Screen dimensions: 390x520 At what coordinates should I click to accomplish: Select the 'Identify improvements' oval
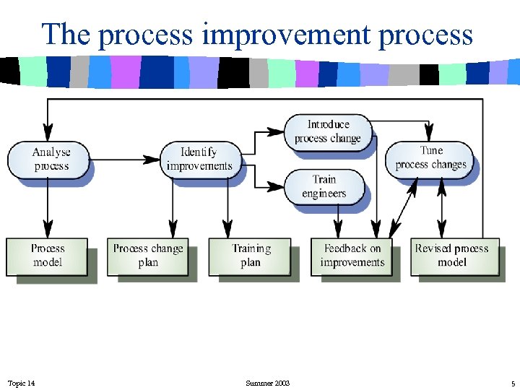pyautogui.click(x=199, y=159)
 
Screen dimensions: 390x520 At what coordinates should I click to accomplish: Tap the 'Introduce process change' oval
pyautogui.click(x=328, y=131)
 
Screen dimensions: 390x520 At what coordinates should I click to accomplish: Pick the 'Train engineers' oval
pyautogui.click(x=324, y=186)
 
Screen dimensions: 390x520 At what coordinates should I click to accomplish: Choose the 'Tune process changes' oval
pyautogui.click(x=430, y=158)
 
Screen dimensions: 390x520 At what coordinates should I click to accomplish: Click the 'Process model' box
pyautogui.click(x=48, y=256)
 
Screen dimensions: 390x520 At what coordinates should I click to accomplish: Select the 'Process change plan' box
pyautogui.click(x=148, y=256)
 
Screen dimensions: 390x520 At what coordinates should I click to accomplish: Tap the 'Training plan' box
pyautogui.click(x=250, y=256)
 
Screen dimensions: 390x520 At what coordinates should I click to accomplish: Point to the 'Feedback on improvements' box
pyautogui.click(x=352, y=256)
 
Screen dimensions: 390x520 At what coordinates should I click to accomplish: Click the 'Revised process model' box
pyautogui.click(x=452, y=256)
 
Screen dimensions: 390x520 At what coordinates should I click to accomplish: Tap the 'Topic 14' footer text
pyautogui.click(x=21, y=383)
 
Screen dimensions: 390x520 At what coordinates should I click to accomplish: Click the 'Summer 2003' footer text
pyautogui.click(x=267, y=383)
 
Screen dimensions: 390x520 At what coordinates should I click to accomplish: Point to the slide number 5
pyautogui.click(x=512, y=383)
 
